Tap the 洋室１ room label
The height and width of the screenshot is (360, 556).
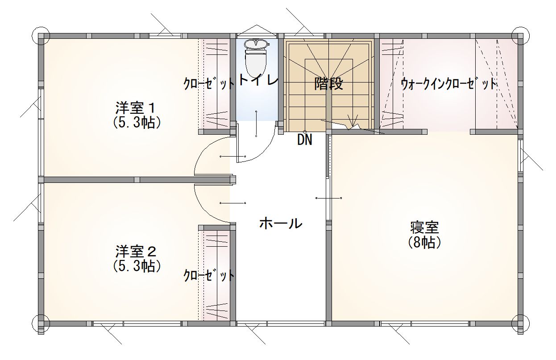(136, 108)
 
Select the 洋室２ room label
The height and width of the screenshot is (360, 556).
(136, 251)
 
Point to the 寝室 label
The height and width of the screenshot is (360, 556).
(424, 228)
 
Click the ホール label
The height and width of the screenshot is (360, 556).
(281, 223)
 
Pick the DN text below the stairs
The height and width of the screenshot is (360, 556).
(305, 140)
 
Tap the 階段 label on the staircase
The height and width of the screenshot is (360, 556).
(328, 83)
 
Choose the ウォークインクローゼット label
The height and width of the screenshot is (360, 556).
(448, 84)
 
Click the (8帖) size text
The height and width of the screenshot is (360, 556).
(424, 243)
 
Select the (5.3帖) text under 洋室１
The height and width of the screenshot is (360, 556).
(137, 122)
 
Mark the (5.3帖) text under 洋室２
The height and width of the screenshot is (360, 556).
(137, 266)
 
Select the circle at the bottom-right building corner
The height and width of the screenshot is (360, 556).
(521, 323)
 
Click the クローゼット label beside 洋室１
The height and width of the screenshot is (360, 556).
(209, 83)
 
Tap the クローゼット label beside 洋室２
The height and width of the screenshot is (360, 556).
(209, 275)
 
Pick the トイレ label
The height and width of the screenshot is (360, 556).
(258, 79)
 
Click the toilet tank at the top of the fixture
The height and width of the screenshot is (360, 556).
(257, 44)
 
